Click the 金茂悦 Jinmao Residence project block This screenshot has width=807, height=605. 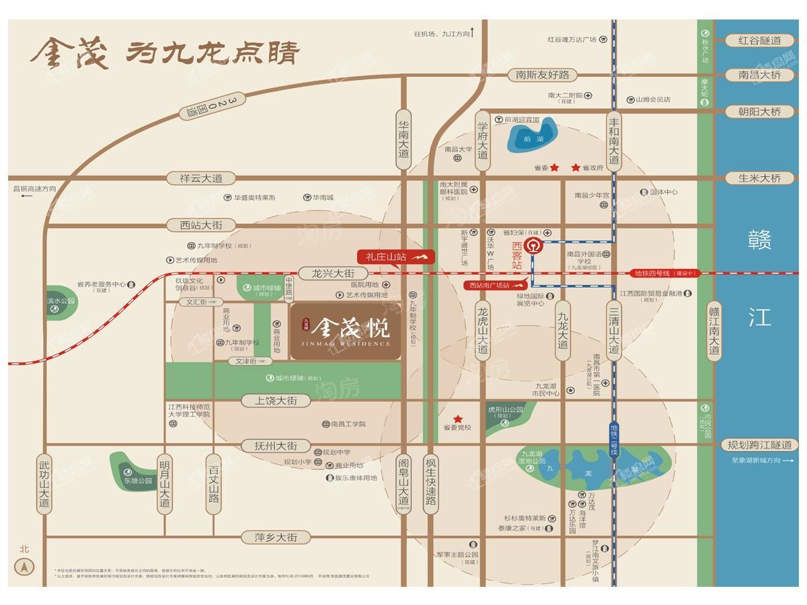346,331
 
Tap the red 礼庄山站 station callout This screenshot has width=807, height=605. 396,257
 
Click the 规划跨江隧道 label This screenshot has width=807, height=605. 760,445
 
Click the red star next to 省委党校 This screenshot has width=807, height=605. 458,418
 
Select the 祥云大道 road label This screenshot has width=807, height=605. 200,178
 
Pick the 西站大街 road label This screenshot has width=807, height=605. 200,225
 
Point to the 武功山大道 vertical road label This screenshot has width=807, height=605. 44,484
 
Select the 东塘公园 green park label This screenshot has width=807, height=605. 139,481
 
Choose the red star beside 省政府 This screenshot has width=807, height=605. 576,167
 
